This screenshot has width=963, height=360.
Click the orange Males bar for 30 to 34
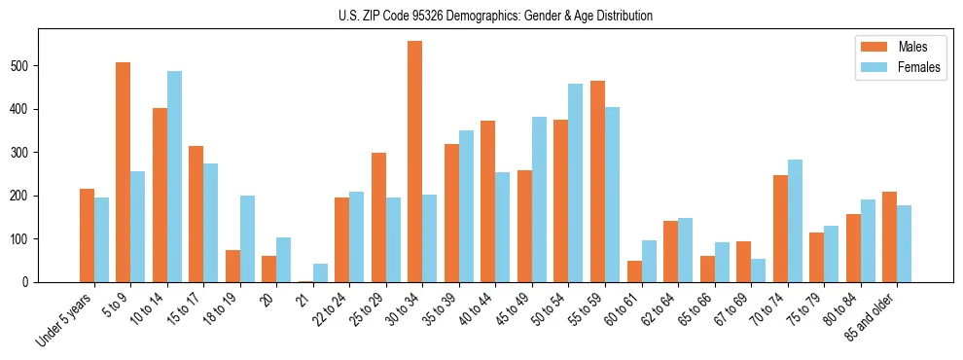click(415, 162)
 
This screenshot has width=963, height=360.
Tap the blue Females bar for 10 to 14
click(174, 176)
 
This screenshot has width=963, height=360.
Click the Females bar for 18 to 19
click(247, 238)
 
